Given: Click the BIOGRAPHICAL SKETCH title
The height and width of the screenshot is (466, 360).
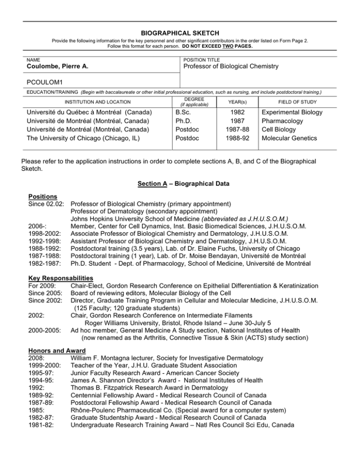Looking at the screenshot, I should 180,33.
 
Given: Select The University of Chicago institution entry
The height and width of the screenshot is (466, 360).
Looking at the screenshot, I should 87,138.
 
